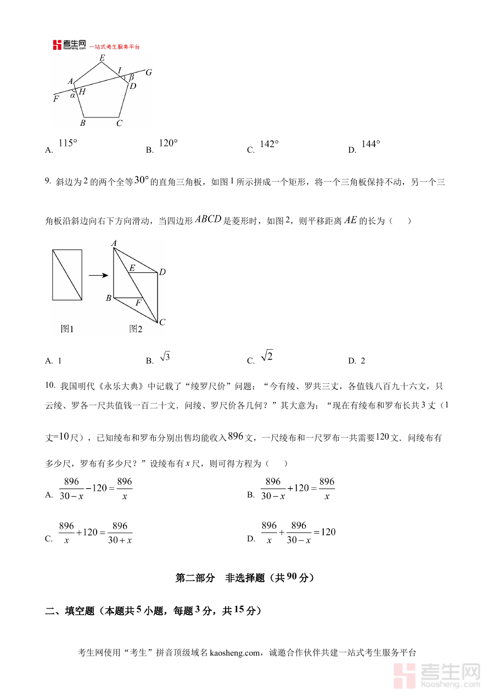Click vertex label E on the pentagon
point(102,58)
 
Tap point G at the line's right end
point(148,72)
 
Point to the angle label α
point(72,96)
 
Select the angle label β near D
point(131,77)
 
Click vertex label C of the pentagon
point(119,123)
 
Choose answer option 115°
point(68,144)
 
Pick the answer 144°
point(370,144)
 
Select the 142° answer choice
point(269,144)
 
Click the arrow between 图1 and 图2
point(97,275)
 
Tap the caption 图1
point(67,329)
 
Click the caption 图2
point(136,329)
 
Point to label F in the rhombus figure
point(138,303)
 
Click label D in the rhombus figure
point(162,272)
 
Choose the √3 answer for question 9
point(165,357)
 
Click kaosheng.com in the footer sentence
point(234,653)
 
